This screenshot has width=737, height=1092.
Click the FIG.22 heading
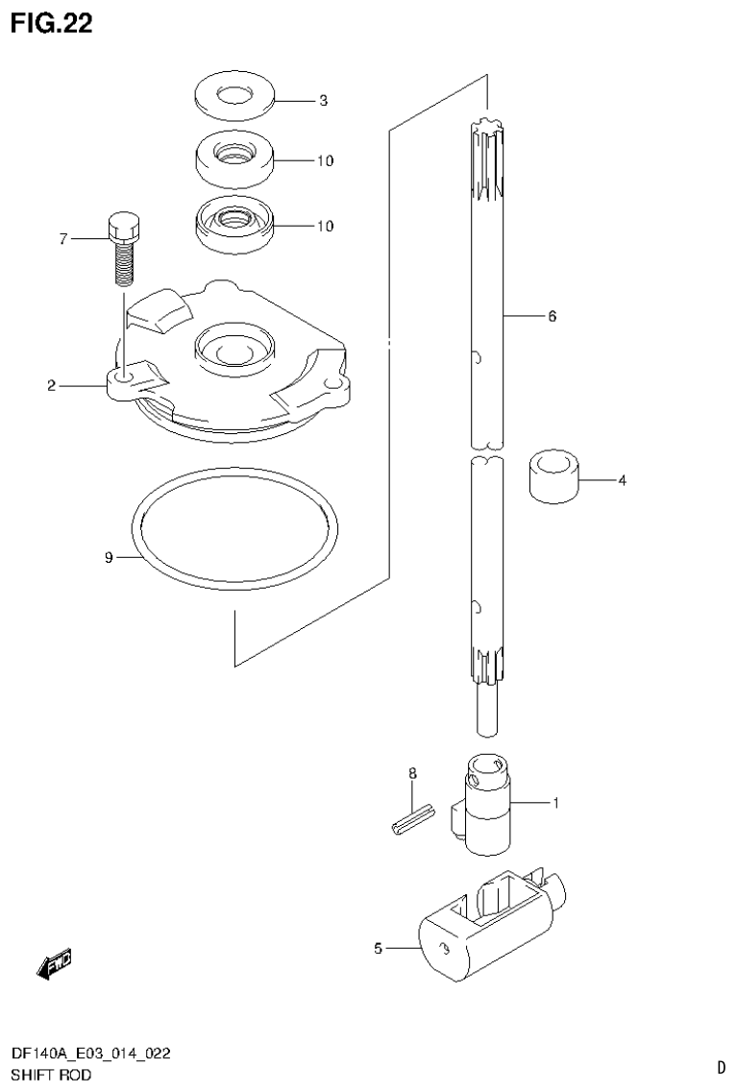pos(52,24)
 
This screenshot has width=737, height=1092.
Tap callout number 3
pos(324,100)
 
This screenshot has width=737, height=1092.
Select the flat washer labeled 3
pos(233,96)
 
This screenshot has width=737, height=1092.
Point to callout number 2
pos(51,386)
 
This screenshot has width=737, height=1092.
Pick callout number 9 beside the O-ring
pos(109,557)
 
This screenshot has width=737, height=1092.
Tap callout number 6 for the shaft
pos(552,315)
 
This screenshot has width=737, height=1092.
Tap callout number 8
pos(411,773)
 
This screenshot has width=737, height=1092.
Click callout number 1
pos(554,802)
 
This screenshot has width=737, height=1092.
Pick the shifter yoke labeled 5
pos(480,922)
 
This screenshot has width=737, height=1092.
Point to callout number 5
pos(378,949)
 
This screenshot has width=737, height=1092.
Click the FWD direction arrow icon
pos(54,963)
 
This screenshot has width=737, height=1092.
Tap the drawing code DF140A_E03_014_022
pos(91,1054)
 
